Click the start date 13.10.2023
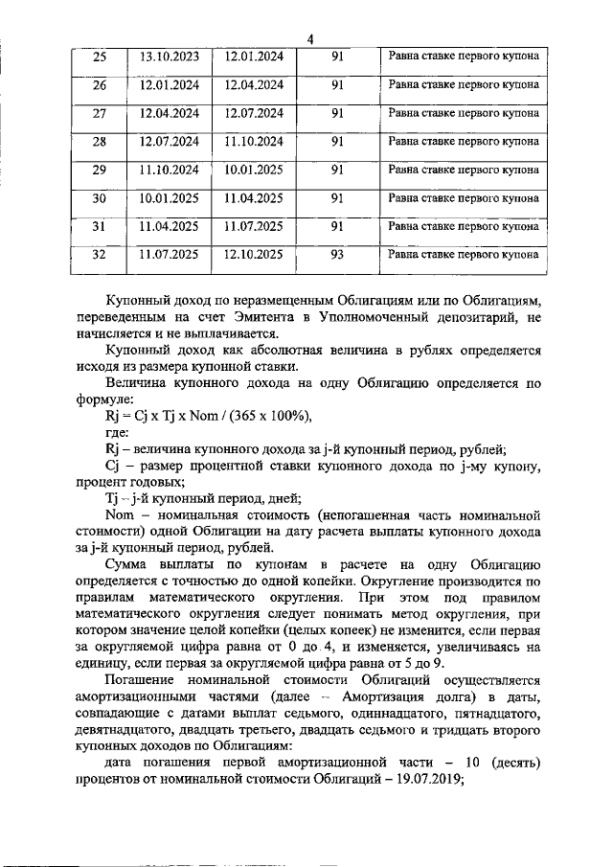coord(170,57)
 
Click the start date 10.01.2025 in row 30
coord(170,198)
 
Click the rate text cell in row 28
coord(463,142)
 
